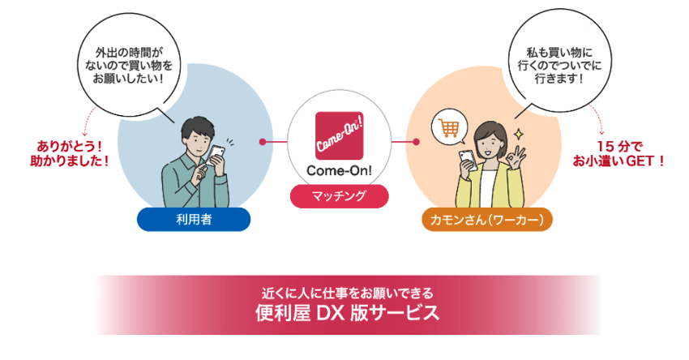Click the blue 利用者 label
tap(194, 219)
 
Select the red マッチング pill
tap(340, 196)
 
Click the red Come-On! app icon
tap(340, 135)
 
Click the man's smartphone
tap(217, 154)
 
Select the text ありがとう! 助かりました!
tap(73, 153)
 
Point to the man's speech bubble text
tap(123, 66)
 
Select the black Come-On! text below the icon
tap(340, 171)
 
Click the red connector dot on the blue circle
tap(263, 142)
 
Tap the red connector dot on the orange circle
tap(416, 142)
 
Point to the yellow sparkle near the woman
tap(518, 132)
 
